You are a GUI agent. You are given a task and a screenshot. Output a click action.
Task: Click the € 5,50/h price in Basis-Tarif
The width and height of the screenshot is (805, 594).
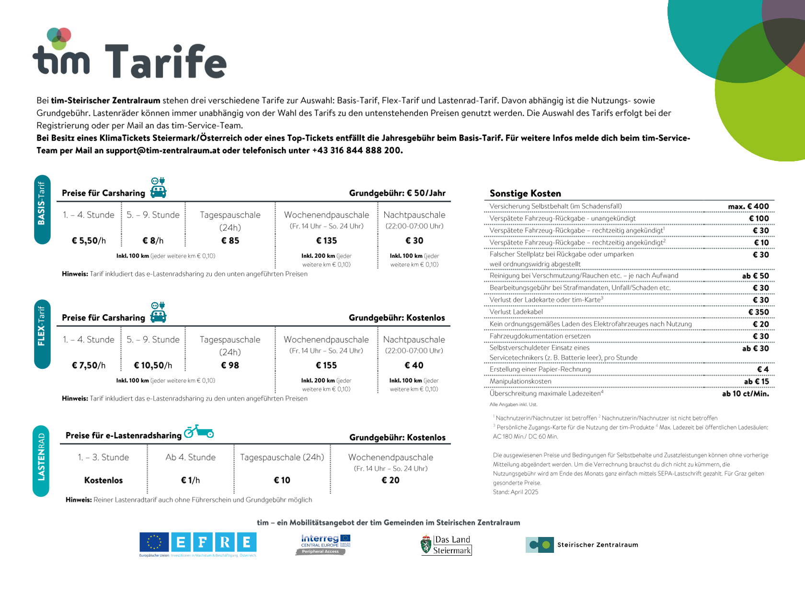(x=89, y=240)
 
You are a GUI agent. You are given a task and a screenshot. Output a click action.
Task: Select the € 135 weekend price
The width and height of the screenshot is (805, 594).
(x=326, y=240)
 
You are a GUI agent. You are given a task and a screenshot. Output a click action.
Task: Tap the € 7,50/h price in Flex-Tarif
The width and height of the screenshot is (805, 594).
(x=89, y=365)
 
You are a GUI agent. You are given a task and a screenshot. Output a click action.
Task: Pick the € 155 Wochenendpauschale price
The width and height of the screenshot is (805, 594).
(x=326, y=365)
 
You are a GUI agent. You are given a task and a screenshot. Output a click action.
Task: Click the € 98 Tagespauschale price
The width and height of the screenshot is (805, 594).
(x=230, y=365)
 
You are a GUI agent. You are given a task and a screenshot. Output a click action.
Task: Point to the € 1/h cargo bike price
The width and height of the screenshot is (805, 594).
(x=190, y=480)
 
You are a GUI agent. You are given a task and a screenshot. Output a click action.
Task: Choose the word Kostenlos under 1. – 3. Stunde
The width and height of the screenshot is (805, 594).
(x=103, y=480)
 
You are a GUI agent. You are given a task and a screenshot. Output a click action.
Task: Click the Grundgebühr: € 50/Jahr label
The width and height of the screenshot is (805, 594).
(x=397, y=193)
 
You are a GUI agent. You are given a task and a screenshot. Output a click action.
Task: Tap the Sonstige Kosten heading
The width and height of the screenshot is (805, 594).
(x=525, y=194)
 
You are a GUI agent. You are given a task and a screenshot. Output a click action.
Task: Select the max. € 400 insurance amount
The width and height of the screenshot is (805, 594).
(x=748, y=206)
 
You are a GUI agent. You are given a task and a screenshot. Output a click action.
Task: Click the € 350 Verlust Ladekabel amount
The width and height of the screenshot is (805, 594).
(x=759, y=312)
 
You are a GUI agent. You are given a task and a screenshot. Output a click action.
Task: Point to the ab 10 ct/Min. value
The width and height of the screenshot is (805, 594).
(x=745, y=393)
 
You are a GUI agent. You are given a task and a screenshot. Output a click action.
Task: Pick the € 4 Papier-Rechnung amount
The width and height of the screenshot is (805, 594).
(x=763, y=369)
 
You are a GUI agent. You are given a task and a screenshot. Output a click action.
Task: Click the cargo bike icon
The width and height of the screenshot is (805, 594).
(x=199, y=432)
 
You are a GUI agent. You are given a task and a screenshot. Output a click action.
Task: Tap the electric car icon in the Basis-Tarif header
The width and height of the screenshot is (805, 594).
(x=159, y=188)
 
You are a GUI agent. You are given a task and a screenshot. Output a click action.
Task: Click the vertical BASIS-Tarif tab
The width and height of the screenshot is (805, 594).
(x=42, y=209)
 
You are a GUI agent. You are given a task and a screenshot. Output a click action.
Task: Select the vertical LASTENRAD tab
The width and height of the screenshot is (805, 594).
(x=41, y=461)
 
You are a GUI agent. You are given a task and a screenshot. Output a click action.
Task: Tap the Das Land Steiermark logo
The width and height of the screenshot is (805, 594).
(x=447, y=545)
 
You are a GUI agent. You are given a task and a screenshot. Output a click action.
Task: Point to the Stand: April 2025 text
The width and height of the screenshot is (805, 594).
(x=516, y=492)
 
